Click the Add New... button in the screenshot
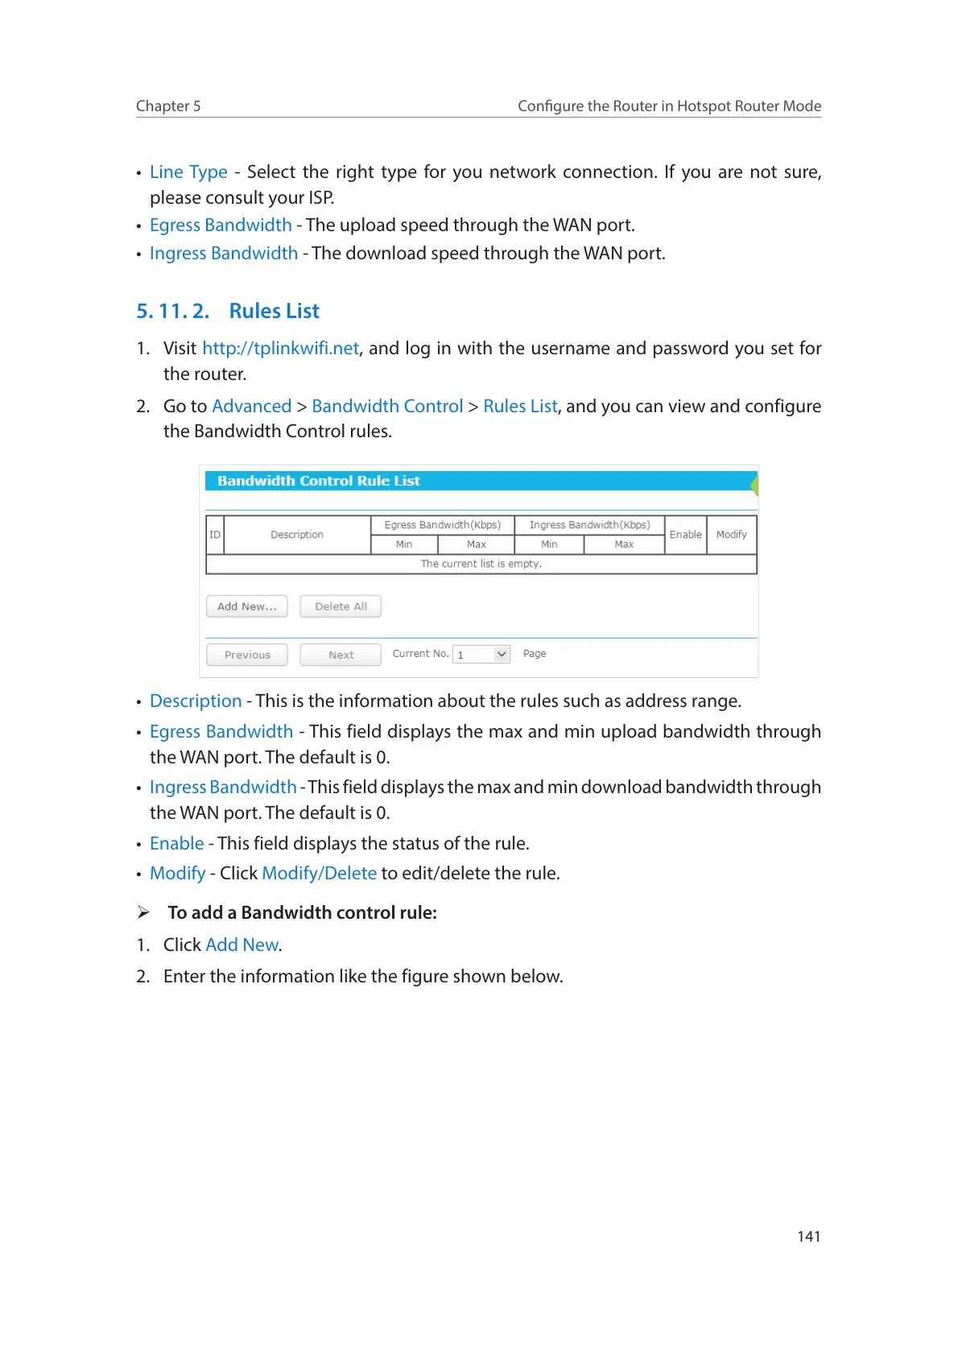[x=246, y=606]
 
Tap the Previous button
[x=247, y=655]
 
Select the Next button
[x=341, y=655]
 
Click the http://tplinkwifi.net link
[x=280, y=348]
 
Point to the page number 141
[x=808, y=1236]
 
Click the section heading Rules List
[x=274, y=311]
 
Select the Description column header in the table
[x=296, y=535]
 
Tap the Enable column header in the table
[x=685, y=535]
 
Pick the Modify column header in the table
[x=731, y=535]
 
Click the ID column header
[x=215, y=535]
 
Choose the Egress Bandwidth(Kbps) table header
[x=442, y=525]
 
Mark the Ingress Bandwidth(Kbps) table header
[x=589, y=525]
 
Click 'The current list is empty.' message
[x=481, y=564]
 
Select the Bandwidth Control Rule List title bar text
[x=318, y=481]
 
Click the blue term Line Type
[x=188, y=172]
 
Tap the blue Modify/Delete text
[x=319, y=873]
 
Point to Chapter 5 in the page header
[x=168, y=105]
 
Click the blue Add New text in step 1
[x=242, y=945]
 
